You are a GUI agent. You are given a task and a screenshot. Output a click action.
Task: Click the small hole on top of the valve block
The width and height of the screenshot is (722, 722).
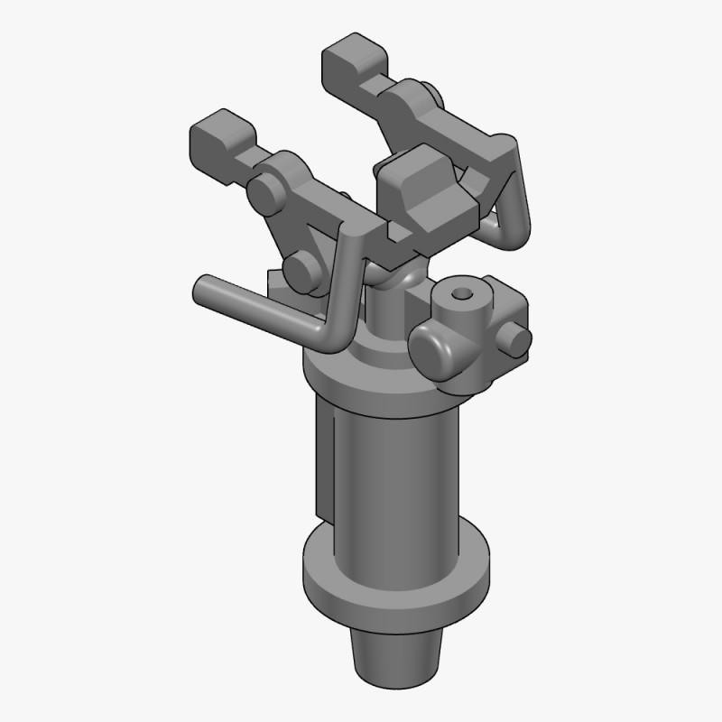click(463, 295)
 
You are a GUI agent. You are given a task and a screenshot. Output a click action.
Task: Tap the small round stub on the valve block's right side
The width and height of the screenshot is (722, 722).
click(517, 339)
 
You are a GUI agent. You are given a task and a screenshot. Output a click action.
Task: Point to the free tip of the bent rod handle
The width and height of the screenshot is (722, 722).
click(202, 289)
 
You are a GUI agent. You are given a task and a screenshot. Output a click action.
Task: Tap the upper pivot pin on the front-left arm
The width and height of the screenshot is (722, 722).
click(265, 193)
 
